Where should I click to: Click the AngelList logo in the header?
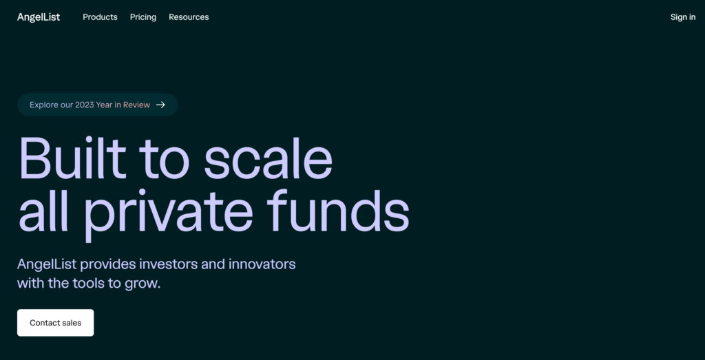[39, 17]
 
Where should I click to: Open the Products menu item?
[100, 17]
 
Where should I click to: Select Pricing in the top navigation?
[143, 17]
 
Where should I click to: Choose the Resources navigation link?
[189, 17]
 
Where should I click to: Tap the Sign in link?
[683, 17]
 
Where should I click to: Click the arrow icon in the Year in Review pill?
[160, 105]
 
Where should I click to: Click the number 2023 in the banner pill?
[85, 105]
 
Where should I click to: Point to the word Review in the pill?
[137, 105]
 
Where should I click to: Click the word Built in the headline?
[72, 158]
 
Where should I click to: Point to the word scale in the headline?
[268, 158]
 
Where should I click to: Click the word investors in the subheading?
[169, 264]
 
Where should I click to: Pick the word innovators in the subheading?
[262, 264]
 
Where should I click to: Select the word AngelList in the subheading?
[47, 265]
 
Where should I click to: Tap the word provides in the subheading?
[108, 265]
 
